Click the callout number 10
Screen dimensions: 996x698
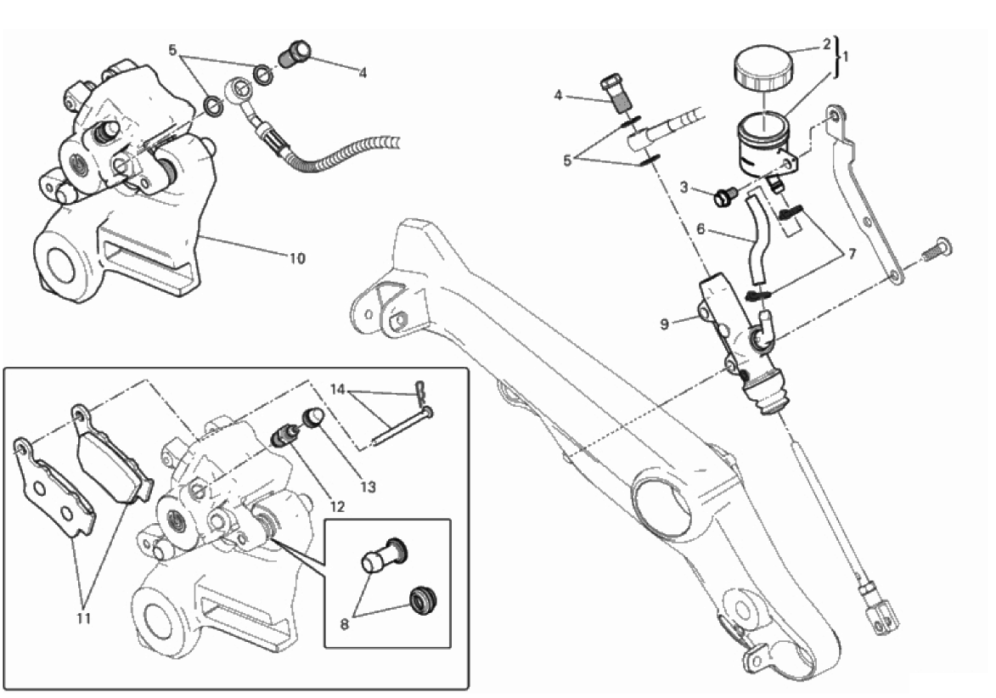coord(297,258)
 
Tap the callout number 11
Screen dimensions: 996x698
coord(84,617)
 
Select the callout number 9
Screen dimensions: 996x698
coord(664,324)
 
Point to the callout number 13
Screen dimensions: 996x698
coord(369,487)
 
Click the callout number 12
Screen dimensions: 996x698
coord(337,506)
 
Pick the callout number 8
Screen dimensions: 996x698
coord(344,624)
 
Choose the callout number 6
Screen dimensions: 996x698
coord(701,228)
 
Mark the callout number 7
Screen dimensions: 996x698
coord(853,254)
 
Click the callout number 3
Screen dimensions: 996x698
coord(684,187)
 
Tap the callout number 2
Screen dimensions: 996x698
coord(826,44)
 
